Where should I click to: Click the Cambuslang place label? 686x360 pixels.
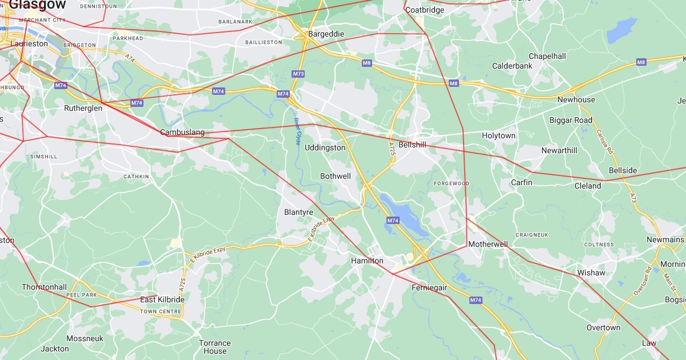click(x=182, y=133)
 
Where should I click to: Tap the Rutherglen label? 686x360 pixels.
click(x=83, y=108)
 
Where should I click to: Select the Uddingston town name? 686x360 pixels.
click(x=325, y=147)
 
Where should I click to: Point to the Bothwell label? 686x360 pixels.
click(x=335, y=176)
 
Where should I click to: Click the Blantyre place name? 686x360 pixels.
click(x=298, y=212)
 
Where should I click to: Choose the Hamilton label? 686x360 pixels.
click(x=367, y=261)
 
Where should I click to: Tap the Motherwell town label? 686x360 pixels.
click(x=488, y=244)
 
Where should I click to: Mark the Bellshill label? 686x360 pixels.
click(x=412, y=145)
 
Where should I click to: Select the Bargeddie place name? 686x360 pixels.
click(x=326, y=34)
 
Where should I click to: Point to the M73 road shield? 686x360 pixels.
click(x=298, y=74)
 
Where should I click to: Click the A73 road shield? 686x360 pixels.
click(x=633, y=197)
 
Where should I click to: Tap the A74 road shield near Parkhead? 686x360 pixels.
click(x=130, y=57)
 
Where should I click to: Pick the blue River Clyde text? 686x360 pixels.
click(x=297, y=131)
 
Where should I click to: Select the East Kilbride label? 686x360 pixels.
click(x=162, y=299)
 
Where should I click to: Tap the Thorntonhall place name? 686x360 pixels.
click(x=44, y=287)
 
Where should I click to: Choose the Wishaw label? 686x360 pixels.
click(x=591, y=273)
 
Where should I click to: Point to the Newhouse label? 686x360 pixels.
click(x=576, y=99)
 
